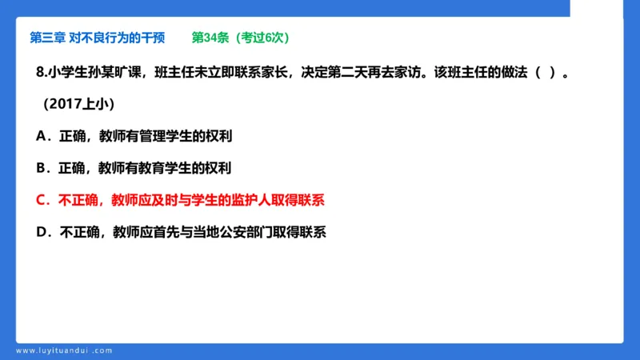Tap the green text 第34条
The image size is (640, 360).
click(x=210, y=38)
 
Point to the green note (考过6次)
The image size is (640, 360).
click(x=261, y=38)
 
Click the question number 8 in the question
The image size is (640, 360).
click(x=41, y=73)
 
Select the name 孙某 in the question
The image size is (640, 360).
click(x=101, y=73)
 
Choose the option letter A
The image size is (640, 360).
click(x=41, y=136)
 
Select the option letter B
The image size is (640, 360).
click(x=41, y=168)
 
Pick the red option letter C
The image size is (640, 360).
click(x=41, y=200)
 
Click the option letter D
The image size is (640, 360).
click(x=41, y=232)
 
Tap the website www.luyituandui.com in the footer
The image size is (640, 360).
click(x=64, y=350)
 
